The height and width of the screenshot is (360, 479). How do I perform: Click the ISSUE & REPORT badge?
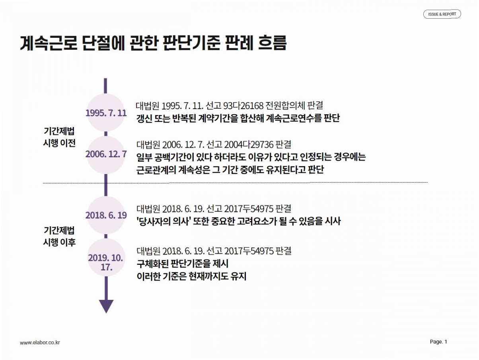pos(442,14)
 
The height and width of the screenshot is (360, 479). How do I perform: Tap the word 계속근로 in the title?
pos(49,43)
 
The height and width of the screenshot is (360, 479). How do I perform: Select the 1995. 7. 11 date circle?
pos(106,113)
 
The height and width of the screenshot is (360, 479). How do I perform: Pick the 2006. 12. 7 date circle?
pos(106,155)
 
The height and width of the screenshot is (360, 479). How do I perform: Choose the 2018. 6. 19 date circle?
pos(106,215)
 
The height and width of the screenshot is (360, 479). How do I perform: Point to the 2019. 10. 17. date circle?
pos(106,257)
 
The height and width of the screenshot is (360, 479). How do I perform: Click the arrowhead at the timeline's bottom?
pos(106,306)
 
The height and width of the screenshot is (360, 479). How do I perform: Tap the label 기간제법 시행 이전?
pos(59,137)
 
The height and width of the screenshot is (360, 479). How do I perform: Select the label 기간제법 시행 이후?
pos(59,237)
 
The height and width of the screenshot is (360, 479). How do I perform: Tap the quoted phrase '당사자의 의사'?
pos(162,221)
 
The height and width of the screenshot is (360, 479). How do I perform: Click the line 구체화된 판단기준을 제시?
pos(183,264)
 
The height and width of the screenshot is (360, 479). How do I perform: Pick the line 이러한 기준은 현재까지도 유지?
pos(191,276)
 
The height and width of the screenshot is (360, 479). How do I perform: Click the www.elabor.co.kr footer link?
pos(40,342)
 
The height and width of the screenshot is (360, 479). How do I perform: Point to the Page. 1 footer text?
pos(438,342)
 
